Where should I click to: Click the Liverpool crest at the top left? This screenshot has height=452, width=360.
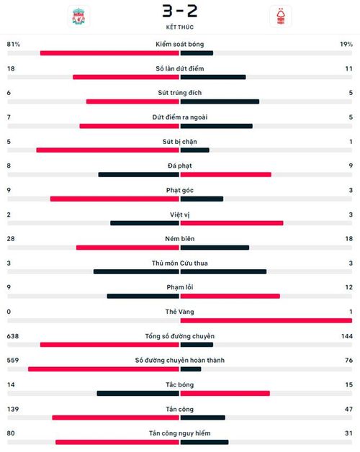pyautogui.click(x=78, y=16)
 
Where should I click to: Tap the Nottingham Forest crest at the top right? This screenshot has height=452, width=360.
pyautogui.click(x=281, y=17)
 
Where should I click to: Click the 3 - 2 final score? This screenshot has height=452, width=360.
pyautogui.click(x=180, y=11)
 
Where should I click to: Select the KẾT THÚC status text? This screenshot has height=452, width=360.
pyautogui.click(x=180, y=27)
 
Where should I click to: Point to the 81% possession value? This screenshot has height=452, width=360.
pyautogui.click(x=14, y=44)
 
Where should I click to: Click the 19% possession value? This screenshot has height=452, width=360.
pyautogui.click(x=346, y=44)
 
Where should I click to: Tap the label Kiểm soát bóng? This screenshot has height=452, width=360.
pyautogui.click(x=180, y=44)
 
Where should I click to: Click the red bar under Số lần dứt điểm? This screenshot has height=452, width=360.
pyautogui.click(x=126, y=77)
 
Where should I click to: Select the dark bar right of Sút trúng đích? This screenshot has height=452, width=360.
pyautogui.click(x=220, y=101)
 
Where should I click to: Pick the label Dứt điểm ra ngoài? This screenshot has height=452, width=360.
pyautogui.click(x=180, y=117)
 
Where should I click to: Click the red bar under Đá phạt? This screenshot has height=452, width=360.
pyautogui.click(x=225, y=174)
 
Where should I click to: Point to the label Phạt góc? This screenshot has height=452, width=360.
pyautogui.click(x=180, y=190)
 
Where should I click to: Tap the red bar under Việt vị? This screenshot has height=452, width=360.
pyautogui.click(x=232, y=223)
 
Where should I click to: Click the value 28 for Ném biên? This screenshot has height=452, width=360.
pyautogui.click(x=11, y=239)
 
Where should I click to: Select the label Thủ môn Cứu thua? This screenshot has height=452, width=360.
pyautogui.click(x=180, y=263)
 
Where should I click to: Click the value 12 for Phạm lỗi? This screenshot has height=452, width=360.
pyautogui.click(x=348, y=287)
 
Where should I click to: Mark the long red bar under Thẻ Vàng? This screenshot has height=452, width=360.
pyautogui.click(x=266, y=320)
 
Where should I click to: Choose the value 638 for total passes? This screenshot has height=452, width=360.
pyautogui.click(x=13, y=336)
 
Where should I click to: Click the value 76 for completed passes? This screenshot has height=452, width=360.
pyautogui.click(x=348, y=361)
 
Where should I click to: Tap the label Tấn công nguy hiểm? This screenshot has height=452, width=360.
pyautogui.click(x=180, y=433)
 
